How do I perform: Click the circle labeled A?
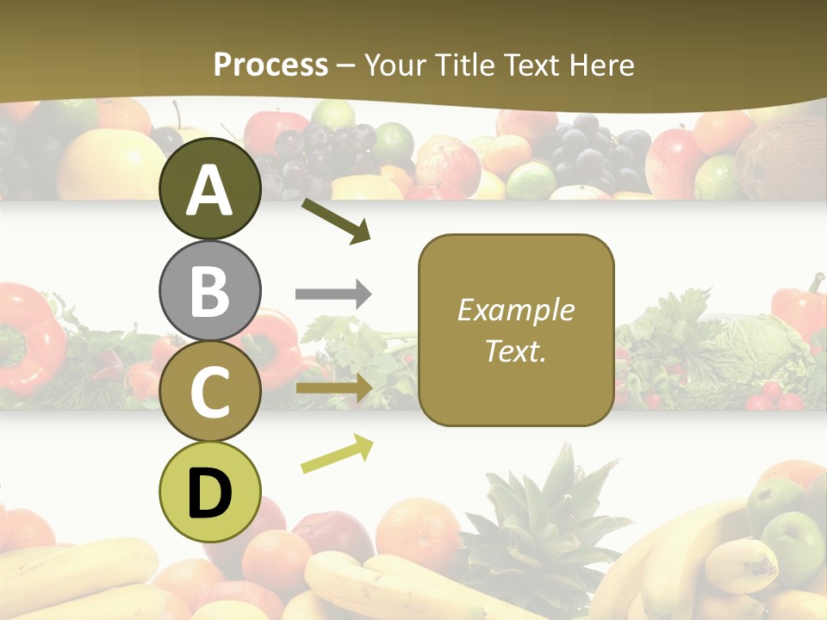(x=210, y=189)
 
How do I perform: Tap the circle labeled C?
(x=210, y=391)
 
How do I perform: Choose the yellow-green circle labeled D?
(x=210, y=492)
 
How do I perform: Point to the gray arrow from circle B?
(x=333, y=294)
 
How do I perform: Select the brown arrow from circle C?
(x=333, y=388)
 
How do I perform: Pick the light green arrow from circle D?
(x=337, y=453)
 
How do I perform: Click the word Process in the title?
(x=270, y=65)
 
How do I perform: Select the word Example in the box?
(x=516, y=310)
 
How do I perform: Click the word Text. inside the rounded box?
(x=516, y=350)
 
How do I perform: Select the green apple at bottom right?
(x=793, y=542)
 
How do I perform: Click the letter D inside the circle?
(x=210, y=493)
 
